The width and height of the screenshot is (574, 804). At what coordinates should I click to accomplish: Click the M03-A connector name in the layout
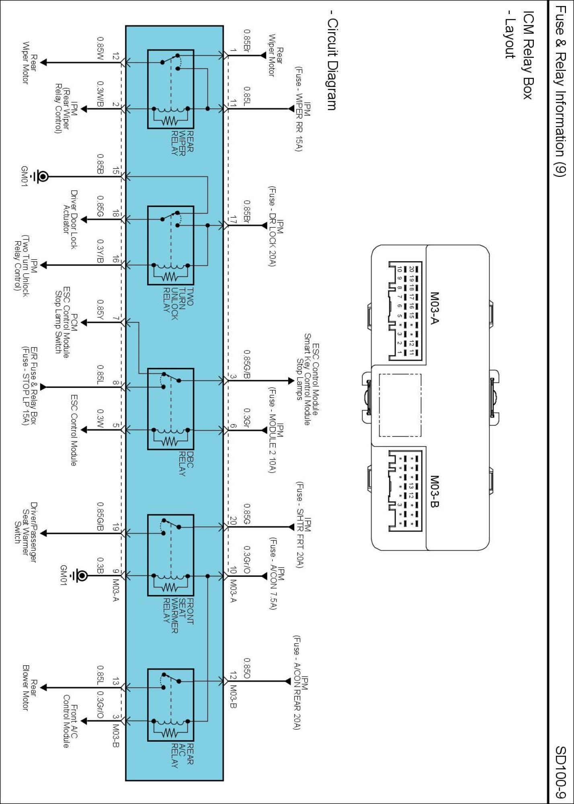[435, 308]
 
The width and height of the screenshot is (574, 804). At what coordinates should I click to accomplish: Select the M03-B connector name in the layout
[435, 491]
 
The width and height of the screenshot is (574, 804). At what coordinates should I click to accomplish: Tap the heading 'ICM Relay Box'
[528, 55]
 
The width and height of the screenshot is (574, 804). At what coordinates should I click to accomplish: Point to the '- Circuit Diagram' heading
[332, 60]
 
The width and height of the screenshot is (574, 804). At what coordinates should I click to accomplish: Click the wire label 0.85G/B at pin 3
[247, 364]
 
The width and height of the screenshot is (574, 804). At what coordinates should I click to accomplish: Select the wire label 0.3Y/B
[100, 251]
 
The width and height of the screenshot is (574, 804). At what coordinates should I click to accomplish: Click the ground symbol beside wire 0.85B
[40, 176]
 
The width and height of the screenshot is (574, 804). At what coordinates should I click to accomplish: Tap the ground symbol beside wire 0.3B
[79, 576]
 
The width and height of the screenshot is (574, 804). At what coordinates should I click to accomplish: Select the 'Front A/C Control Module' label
[70, 721]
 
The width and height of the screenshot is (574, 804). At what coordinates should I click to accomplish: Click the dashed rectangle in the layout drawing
[400, 405]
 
